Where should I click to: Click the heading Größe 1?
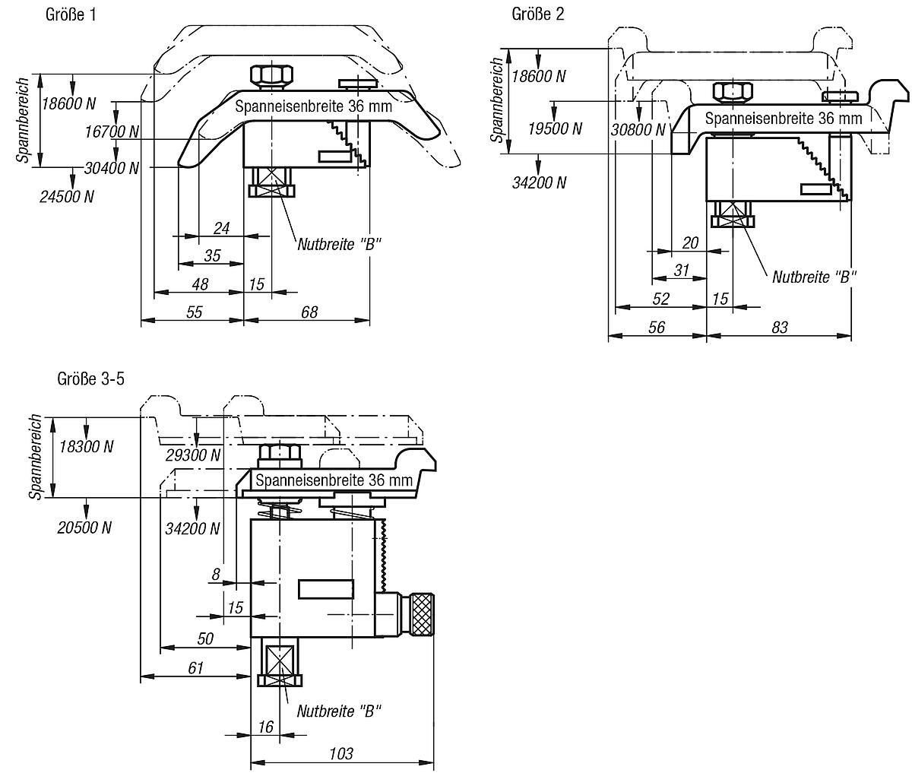pos(71,15)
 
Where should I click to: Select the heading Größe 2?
pos(538,14)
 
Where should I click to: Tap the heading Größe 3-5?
pos(91,379)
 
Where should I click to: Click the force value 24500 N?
pos(67,197)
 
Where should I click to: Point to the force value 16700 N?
pos(112,131)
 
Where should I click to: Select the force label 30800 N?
pos(638,130)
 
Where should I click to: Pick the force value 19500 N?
pos(555,129)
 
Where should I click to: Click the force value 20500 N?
pos(84,527)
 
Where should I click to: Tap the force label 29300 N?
pos(193,455)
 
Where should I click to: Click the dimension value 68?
pos(309,312)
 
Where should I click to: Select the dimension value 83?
pos(780,328)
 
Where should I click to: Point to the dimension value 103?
pos(341,753)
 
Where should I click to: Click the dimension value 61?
pos(195,668)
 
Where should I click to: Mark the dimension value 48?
pos(200,284)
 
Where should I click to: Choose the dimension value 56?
pos(657,328)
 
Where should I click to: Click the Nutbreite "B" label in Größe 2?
pos(814,277)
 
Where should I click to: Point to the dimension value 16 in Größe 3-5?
pos(265,727)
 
